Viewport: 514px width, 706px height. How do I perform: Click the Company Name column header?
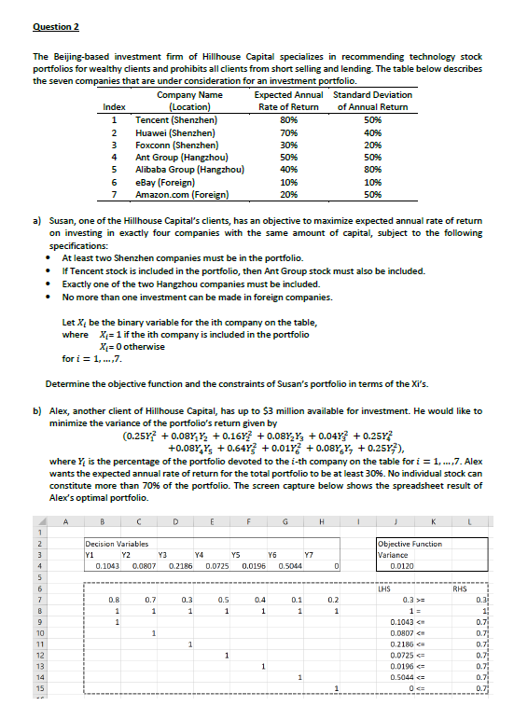coord(189,96)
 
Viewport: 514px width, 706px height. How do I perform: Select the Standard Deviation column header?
coord(372,96)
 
